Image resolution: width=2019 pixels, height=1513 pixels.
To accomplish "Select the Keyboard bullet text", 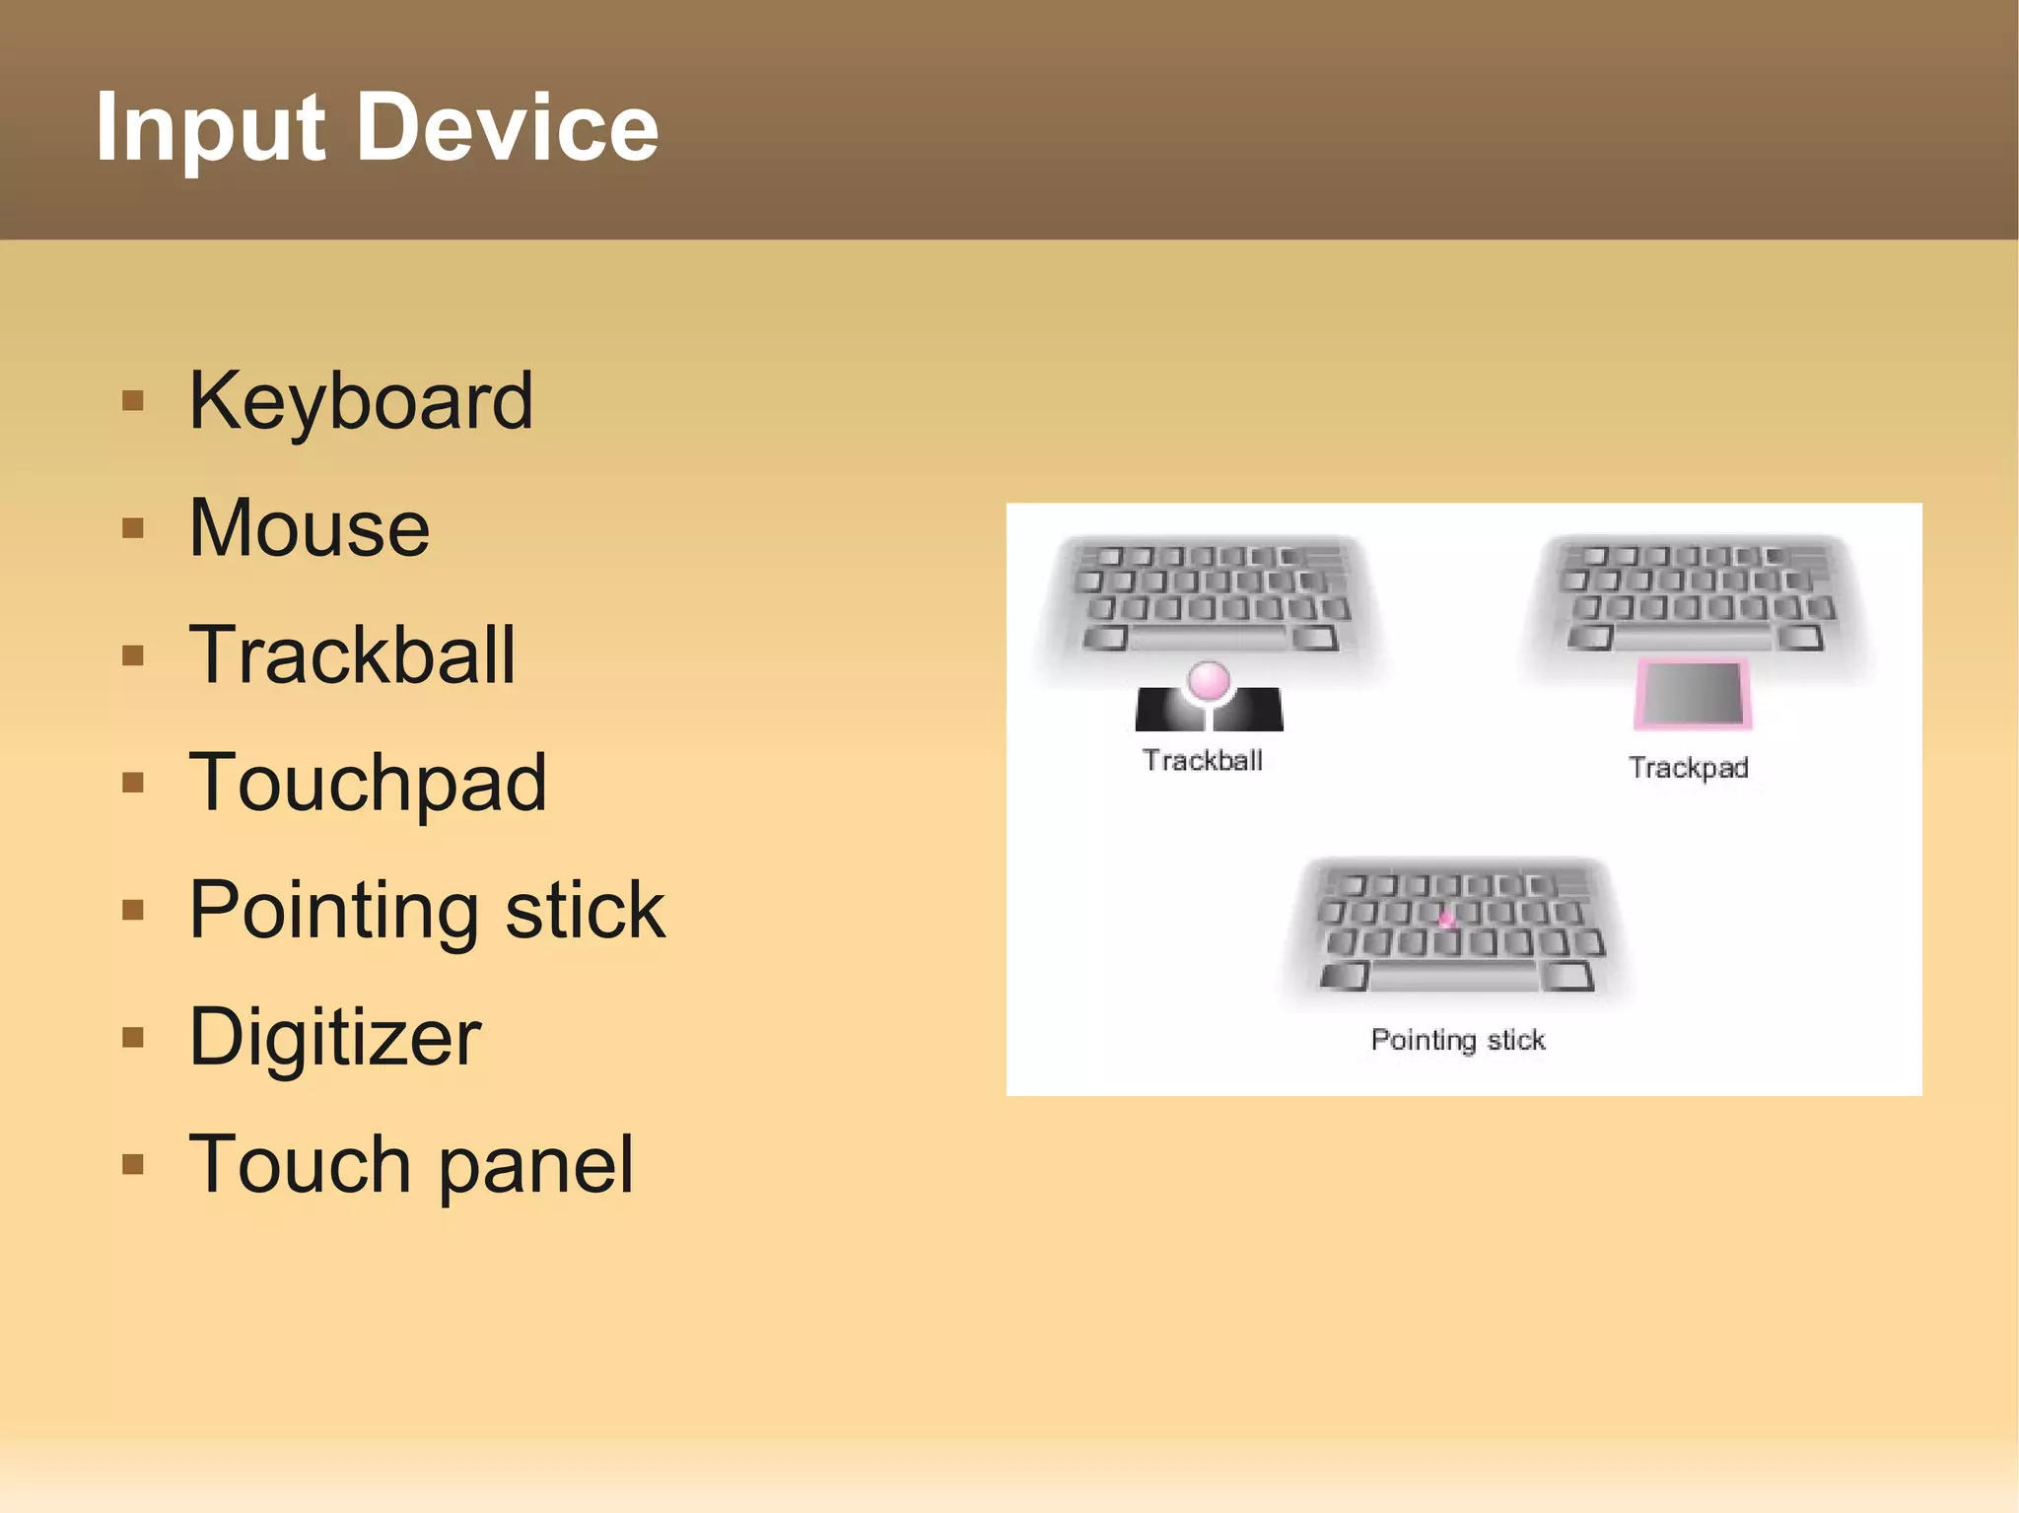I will point(361,401).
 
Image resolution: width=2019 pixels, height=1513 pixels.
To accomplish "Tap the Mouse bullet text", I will point(310,528).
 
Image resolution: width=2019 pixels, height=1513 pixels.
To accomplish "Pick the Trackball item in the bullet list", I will point(352,655).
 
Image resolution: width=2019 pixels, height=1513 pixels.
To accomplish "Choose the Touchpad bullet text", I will point(368,783).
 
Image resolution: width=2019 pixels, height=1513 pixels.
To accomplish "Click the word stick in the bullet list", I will point(585,910).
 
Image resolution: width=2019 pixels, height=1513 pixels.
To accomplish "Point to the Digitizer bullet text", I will point(335,1037).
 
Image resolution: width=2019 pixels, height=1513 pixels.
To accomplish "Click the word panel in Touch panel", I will point(535,1164).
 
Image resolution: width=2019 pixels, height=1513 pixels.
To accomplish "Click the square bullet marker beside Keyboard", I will point(133,401).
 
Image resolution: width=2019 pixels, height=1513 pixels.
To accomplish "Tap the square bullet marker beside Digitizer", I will point(133,1037).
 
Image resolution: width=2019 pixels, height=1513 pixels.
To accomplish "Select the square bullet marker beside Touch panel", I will point(133,1164).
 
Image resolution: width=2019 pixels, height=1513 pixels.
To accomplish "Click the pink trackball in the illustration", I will point(1209,681).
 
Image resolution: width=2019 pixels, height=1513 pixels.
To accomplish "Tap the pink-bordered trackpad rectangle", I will point(1692,694).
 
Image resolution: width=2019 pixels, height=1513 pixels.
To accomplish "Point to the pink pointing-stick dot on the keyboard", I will point(1446,920).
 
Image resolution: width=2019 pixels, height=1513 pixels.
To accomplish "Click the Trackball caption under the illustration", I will point(1203,761).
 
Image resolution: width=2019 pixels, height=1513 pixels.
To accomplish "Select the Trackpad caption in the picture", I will point(1688,768).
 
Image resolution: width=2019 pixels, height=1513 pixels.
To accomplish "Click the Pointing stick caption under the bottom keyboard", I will point(1457,1040).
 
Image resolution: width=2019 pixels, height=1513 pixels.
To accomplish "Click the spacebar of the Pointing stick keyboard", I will point(1454,977).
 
